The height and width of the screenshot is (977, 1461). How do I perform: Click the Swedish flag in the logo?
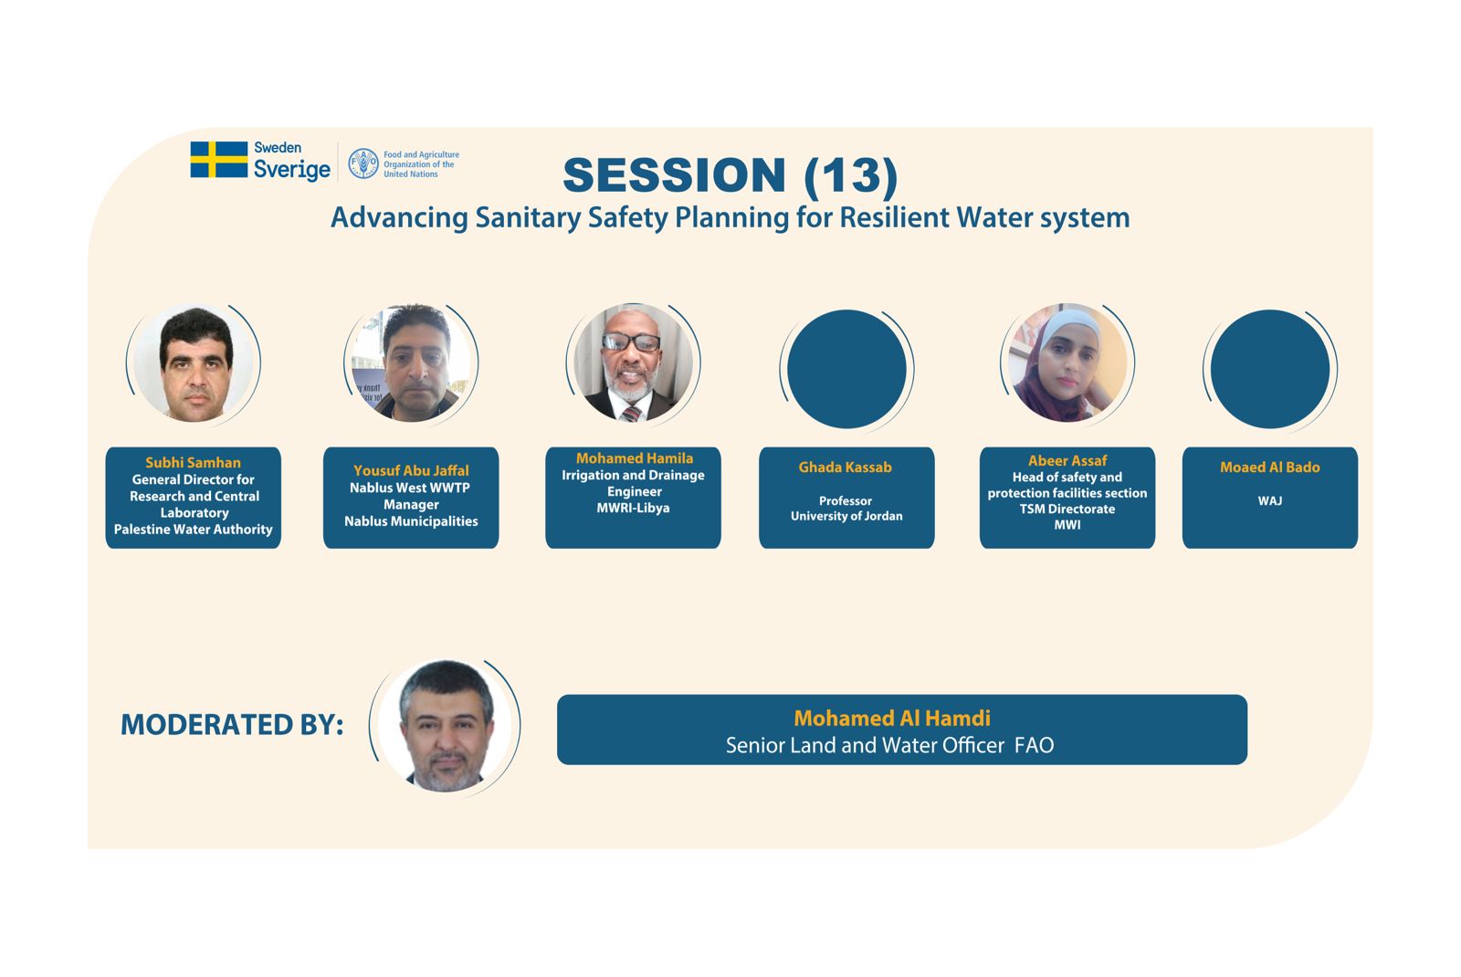tap(219, 160)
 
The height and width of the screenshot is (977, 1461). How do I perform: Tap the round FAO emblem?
tap(363, 163)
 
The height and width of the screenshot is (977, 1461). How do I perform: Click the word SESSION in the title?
tap(675, 174)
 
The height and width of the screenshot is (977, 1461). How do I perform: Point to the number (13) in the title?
tap(851, 176)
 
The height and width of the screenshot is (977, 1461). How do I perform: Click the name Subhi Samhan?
tap(193, 462)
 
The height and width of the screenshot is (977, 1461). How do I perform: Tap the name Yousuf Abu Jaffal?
tap(411, 470)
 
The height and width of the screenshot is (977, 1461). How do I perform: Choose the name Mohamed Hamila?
tap(634, 458)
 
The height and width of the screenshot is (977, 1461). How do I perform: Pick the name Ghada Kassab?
tap(846, 467)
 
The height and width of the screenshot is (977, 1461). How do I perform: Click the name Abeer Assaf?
tap(1067, 460)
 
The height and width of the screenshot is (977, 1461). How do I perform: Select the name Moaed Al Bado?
tap(1270, 467)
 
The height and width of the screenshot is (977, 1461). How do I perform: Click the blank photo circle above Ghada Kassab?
tap(846, 369)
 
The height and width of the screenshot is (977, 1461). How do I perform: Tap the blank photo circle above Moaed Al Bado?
tap(1270, 369)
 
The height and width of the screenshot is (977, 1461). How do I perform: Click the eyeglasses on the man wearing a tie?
tap(631, 341)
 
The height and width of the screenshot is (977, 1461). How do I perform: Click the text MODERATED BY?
tap(232, 725)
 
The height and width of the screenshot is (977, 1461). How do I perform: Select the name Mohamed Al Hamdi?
tap(892, 718)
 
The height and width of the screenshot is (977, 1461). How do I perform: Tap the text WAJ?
tap(1270, 501)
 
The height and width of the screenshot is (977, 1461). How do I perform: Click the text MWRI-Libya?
tap(634, 508)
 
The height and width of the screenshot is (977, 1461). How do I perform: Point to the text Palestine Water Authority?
tap(193, 529)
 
